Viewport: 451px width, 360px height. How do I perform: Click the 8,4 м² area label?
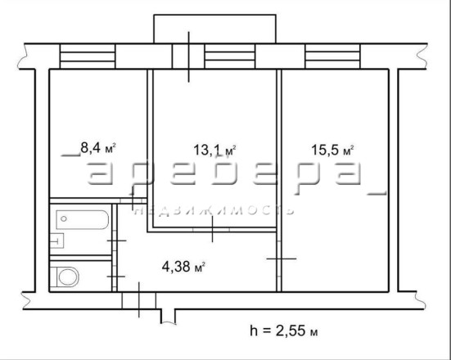tap(98, 148)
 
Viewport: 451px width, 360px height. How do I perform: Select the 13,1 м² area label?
tap(214, 150)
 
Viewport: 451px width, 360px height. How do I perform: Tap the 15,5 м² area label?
tap(333, 150)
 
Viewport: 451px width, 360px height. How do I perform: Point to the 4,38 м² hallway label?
tap(183, 267)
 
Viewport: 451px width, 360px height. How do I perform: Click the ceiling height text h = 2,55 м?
tap(284, 331)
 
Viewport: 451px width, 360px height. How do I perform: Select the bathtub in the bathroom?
tap(83, 219)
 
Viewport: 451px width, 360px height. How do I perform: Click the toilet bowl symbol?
tap(68, 277)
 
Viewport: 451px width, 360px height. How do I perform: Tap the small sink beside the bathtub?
tap(56, 241)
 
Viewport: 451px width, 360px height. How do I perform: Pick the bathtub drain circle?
tap(64, 219)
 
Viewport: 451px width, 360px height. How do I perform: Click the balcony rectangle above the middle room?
tap(214, 29)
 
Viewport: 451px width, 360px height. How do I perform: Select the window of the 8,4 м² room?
tap(88, 56)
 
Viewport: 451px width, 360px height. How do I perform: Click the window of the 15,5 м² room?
tap(332, 56)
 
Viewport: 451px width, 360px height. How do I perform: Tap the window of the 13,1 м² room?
tap(230, 56)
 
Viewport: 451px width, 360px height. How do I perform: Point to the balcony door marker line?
tap(189, 57)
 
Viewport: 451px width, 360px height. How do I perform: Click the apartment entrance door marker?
tap(139, 299)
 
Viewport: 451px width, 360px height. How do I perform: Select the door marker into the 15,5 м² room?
tap(282, 259)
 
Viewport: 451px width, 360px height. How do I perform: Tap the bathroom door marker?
tap(117, 241)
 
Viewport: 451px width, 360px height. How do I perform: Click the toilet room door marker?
tap(116, 277)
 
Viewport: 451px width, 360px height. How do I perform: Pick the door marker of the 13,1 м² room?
tap(212, 229)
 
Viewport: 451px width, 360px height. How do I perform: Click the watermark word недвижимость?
tap(214, 210)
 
